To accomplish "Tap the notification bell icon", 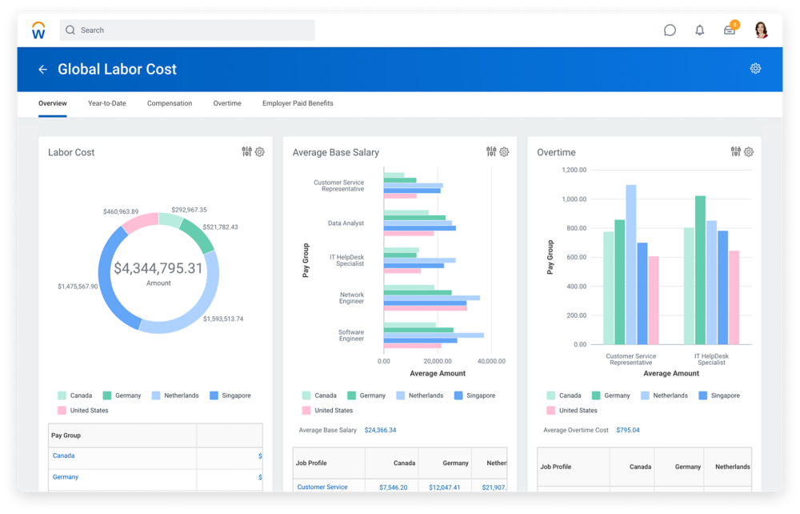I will (x=700, y=30).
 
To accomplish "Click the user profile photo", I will (x=761, y=30).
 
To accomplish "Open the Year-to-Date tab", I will (x=106, y=103).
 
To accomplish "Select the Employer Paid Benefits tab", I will (x=298, y=103).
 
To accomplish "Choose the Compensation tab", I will (x=170, y=103).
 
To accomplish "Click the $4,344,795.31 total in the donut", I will (x=158, y=269).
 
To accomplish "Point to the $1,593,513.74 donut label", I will (x=223, y=319).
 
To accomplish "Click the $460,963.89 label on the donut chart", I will (x=121, y=211).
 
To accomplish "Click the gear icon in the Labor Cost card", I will (x=260, y=152).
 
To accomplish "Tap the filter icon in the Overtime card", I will (x=735, y=152).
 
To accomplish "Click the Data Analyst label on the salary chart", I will (x=346, y=223).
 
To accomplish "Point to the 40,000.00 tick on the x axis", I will (x=490, y=361).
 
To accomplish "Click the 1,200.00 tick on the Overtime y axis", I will (x=574, y=170).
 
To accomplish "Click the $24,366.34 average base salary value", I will (x=380, y=430).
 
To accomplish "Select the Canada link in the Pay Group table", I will (x=64, y=456).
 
